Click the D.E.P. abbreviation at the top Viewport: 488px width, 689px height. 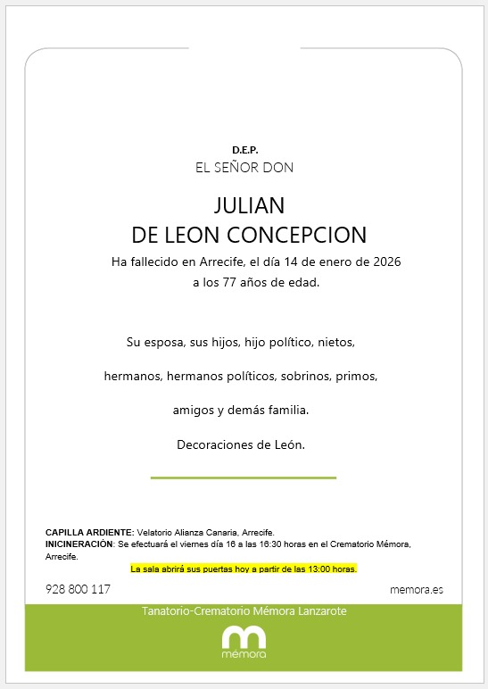[244, 150]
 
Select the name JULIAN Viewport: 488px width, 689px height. [249, 205]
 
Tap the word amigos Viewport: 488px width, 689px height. [194, 410]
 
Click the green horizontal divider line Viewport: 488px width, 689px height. [244, 477]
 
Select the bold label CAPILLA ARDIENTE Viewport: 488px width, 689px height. [89, 531]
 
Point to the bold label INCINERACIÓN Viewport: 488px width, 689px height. [79, 544]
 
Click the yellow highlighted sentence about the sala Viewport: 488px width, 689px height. [244, 569]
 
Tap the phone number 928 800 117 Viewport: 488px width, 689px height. [78, 590]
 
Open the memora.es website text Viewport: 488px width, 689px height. [417, 590]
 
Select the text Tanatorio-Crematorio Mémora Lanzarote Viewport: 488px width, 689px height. [244, 611]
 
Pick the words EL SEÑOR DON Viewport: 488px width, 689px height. [244, 168]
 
